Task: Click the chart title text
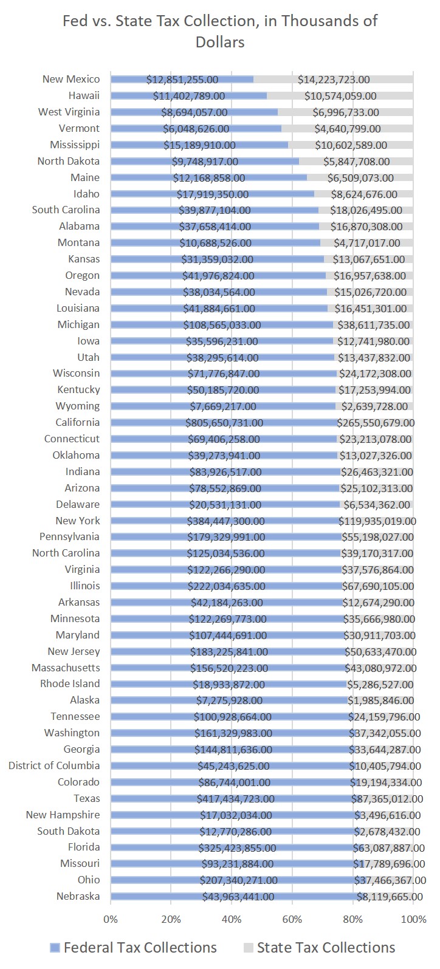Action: click(220, 31)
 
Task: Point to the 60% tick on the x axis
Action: click(292, 919)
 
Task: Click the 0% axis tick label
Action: click(111, 919)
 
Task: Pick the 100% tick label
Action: click(413, 919)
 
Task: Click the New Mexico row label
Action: click(71, 79)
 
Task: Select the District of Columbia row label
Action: click(54, 765)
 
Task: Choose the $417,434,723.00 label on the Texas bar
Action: click(235, 798)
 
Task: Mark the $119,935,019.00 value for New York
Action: click(377, 521)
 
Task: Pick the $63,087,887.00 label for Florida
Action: click(388, 847)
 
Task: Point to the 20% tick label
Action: click(171, 919)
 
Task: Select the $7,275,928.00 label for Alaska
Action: click(228, 700)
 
